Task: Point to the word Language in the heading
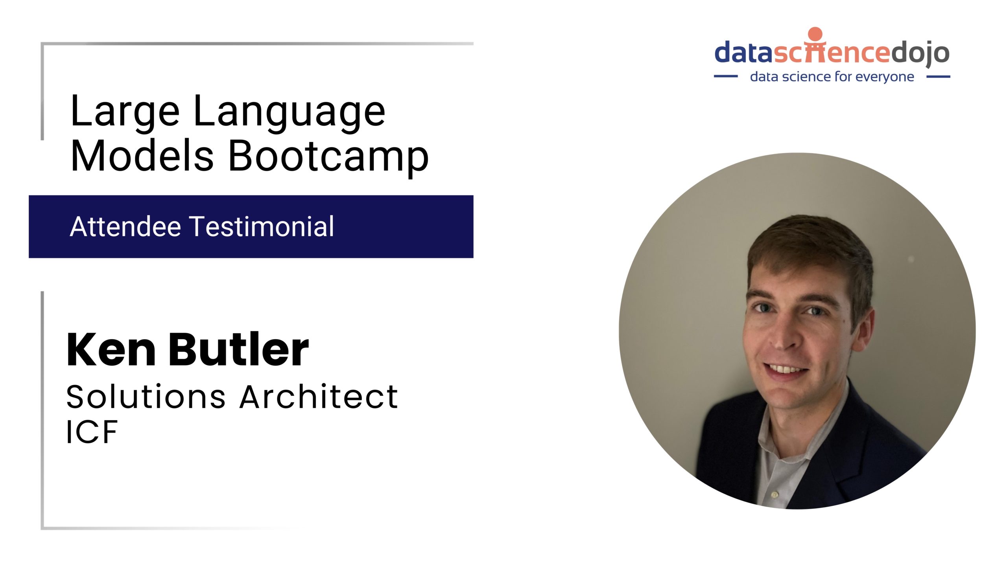point(289,114)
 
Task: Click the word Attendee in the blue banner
point(125,227)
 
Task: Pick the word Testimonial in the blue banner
point(262,227)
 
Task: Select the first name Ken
point(111,349)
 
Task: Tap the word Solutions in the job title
point(146,397)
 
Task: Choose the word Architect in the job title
point(319,397)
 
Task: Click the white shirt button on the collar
point(775,494)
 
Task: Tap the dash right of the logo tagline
point(939,77)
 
